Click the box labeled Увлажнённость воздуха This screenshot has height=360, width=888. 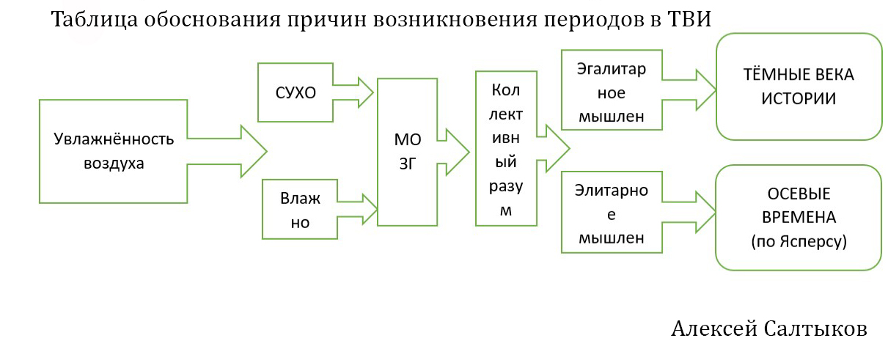tap(113, 151)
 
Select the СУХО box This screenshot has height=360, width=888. tap(295, 92)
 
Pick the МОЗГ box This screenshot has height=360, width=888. tap(407, 150)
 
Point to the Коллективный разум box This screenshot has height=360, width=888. tap(505, 148)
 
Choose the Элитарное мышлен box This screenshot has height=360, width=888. tap(611, 213)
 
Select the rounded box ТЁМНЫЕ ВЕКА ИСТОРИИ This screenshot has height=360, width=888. tap(799, 87)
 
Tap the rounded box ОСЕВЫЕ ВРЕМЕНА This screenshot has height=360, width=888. tap(799, 218)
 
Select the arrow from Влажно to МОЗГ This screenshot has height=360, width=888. tap(357, 208)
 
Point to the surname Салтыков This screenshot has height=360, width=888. tap(816, 329)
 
